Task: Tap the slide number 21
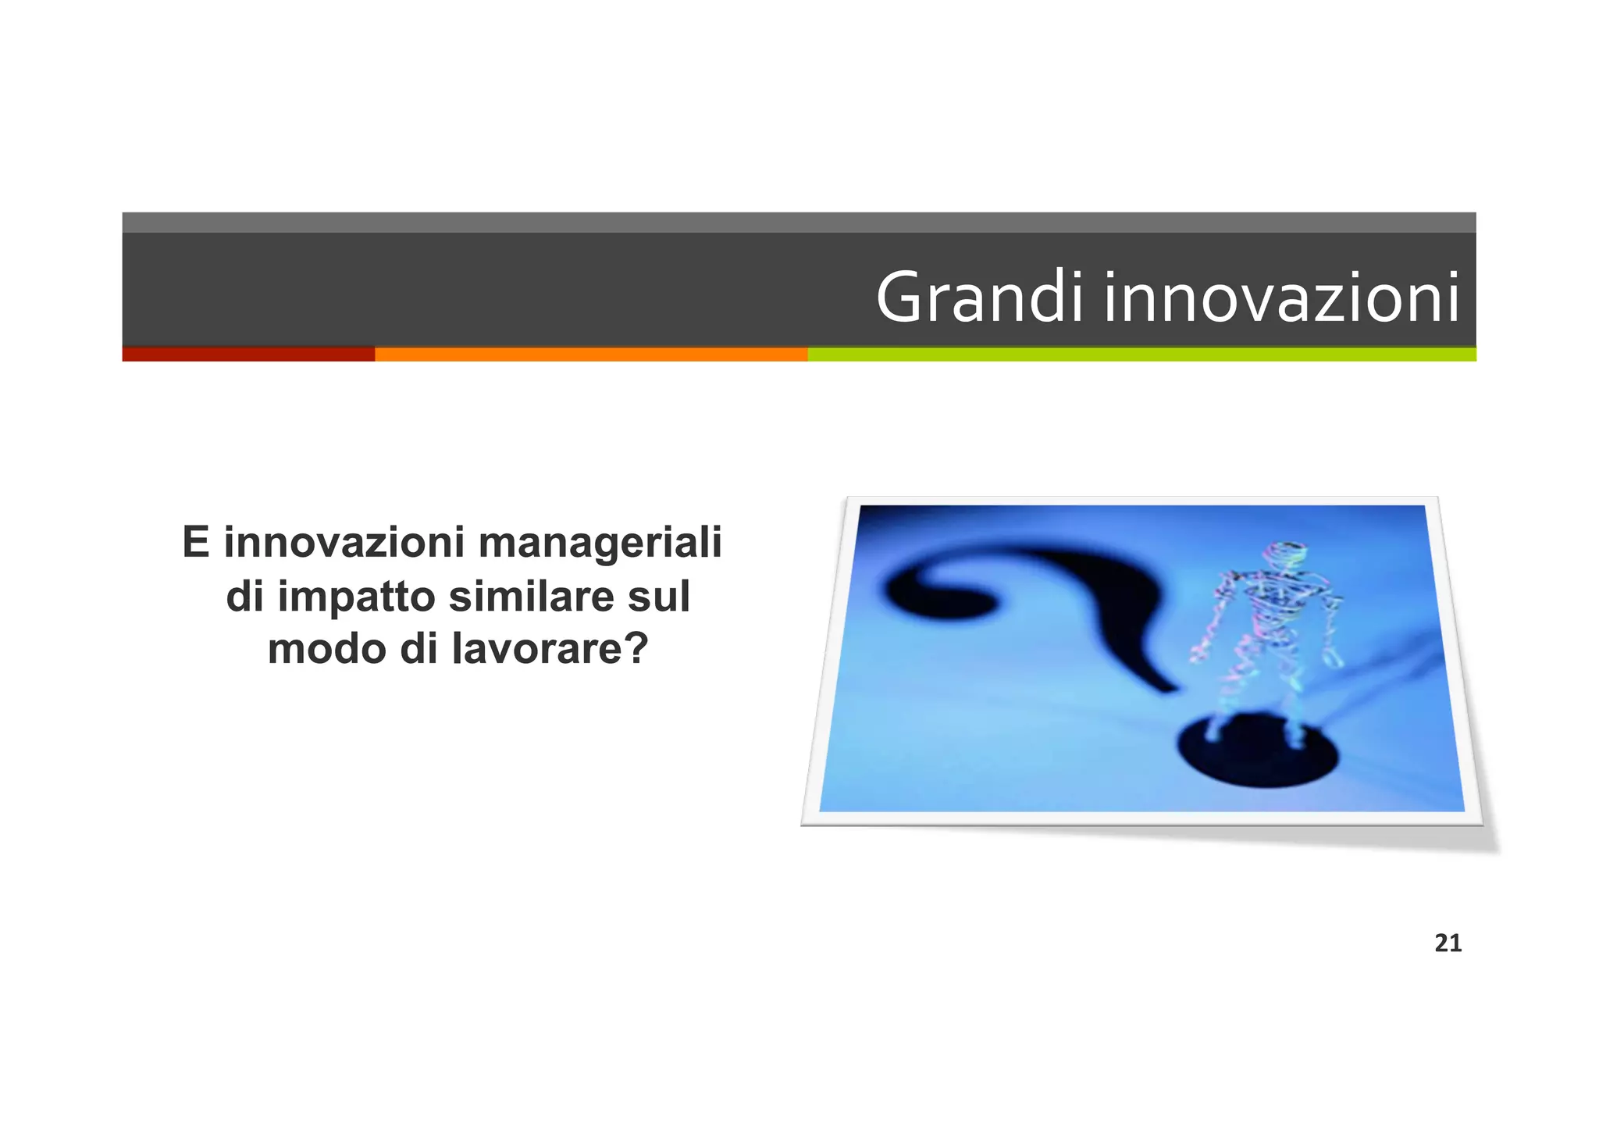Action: coord(1448,943)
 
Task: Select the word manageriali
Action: coord(600,543)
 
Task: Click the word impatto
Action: coord(359,597)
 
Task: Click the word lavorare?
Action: coord(550,649)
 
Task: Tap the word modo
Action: coord(327,649)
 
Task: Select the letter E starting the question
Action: coord(195,543)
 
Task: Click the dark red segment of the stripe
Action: coord(248,355)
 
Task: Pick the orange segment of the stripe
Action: coord(590,355)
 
